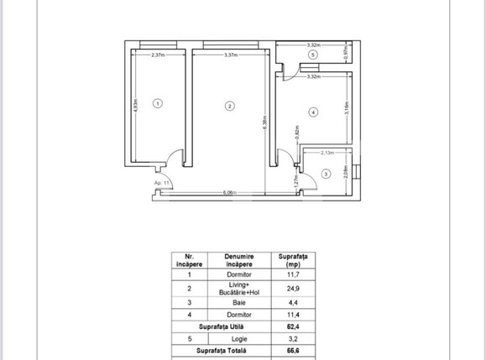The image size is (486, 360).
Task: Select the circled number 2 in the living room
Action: [230, 105]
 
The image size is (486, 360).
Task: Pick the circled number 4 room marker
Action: [313, 111]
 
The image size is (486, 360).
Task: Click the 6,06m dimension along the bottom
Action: [228, 193]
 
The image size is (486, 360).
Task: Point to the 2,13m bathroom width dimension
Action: [328, 154]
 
